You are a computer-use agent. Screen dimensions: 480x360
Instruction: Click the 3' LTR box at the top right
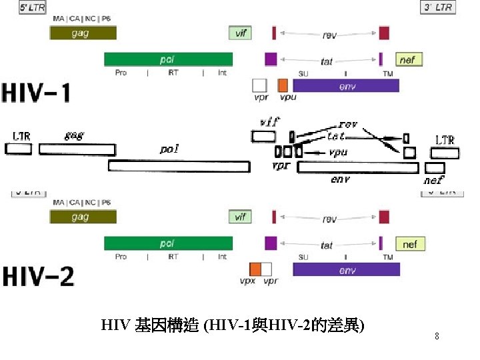[438, 7]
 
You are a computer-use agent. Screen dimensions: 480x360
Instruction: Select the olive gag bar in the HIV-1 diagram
[83, 33]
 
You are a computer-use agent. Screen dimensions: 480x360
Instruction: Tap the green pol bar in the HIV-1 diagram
[168, 59]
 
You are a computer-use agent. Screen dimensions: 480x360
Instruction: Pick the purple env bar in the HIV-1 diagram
[346, 85]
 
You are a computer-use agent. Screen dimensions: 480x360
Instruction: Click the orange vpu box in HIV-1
[283, 85]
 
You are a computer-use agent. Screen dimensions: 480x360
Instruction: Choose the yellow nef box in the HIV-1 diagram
[408, 60]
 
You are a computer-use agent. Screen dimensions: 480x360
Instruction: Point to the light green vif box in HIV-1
[241, 32]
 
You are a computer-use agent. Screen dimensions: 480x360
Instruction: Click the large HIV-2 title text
[39, 275]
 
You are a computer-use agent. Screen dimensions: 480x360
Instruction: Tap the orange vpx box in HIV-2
[255, 269]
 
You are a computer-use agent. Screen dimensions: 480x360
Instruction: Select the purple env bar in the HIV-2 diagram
[347, 269]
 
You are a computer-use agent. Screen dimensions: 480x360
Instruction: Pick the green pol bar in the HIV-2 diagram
[168, 243]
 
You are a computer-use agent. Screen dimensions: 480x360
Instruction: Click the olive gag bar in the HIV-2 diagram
[83, 217]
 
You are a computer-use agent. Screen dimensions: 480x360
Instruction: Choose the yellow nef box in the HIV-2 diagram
[409, 244]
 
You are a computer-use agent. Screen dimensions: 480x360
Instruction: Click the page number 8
[437, 337]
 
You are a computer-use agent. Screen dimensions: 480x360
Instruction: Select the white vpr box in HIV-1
[259, 85]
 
